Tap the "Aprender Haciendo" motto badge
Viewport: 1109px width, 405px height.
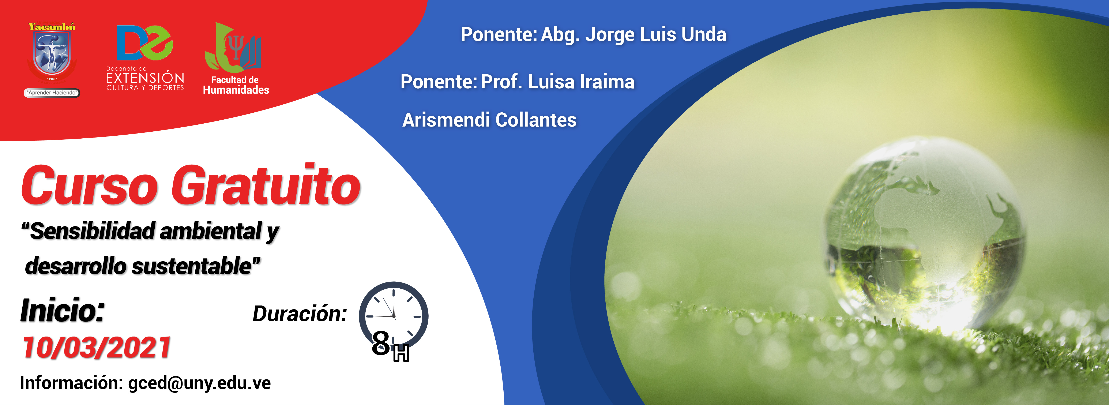coord(52,93)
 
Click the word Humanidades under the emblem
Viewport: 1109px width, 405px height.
coord(236,90)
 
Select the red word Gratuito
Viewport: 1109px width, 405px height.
coord(266,184)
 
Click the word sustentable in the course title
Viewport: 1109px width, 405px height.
coord(192,266)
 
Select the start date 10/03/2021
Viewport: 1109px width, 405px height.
coord(97,347)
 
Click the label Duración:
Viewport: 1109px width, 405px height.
coord(300,314)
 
